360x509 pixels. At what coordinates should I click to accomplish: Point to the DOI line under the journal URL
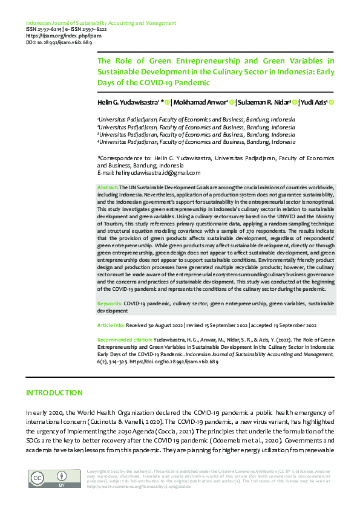pyautogui.click(x=51, y=43)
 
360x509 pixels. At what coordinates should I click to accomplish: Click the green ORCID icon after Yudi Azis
pyautogui.click(x=332, y=103)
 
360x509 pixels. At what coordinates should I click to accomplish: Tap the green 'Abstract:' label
pyautogui.click(x=108, y=189)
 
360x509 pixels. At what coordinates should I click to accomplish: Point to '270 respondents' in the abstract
pyautogui.click(x=264, y=232)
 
